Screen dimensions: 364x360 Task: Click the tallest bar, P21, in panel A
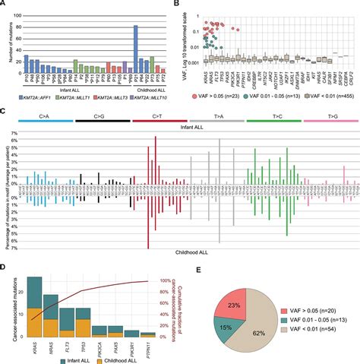(135, 50)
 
